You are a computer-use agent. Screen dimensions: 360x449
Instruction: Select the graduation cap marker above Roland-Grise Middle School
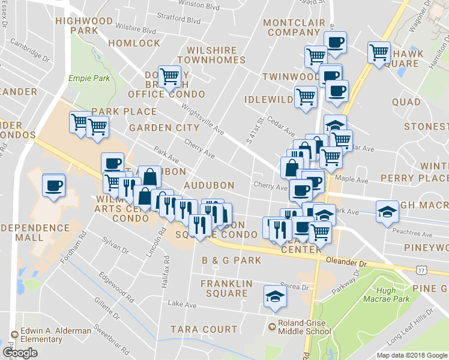(x=276, y=297)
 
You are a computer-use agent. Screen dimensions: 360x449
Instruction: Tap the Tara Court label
(x=203, y=329)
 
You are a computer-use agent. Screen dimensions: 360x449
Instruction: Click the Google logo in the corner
(x=20, y=353)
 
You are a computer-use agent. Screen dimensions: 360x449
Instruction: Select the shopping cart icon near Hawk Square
(x=379, y=53)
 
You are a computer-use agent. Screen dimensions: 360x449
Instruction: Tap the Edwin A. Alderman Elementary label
(x=52, y=335)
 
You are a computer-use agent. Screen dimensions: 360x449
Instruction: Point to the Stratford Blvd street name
(x=178, y=20)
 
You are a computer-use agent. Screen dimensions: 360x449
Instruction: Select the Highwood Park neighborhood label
(x=83, y=25)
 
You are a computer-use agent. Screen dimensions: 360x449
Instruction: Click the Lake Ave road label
(x=183, y=305)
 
